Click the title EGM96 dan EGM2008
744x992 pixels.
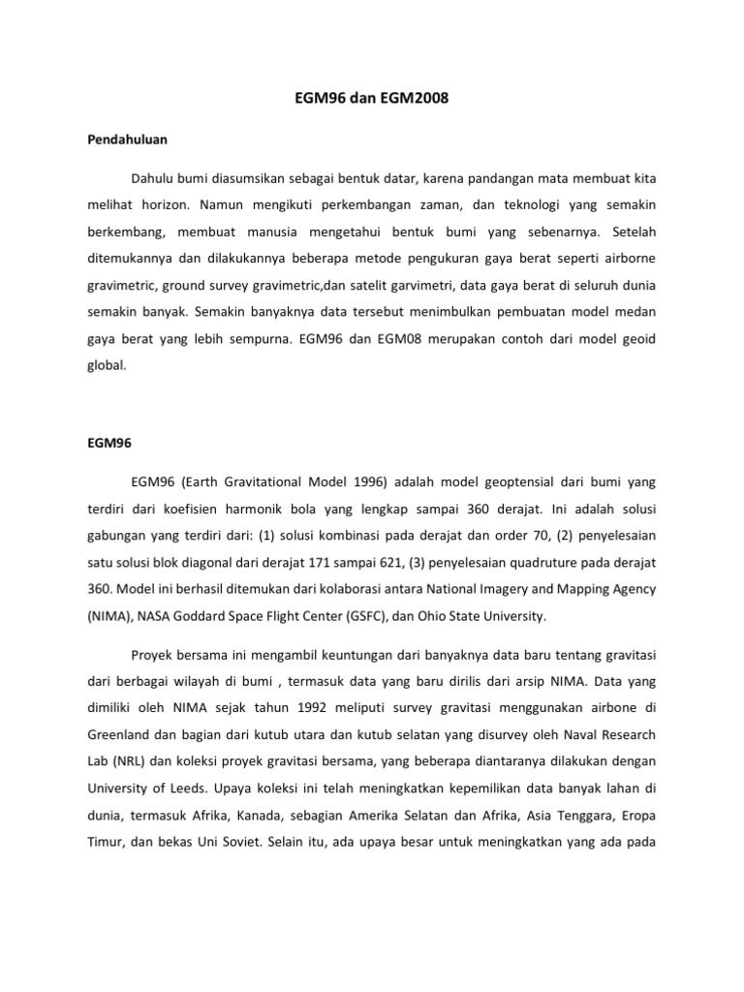coord(372,100)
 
